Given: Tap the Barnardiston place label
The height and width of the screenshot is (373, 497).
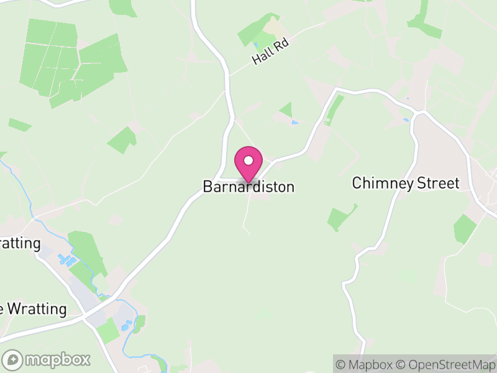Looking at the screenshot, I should (248, 186).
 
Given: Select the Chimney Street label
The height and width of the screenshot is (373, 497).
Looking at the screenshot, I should (405, 183).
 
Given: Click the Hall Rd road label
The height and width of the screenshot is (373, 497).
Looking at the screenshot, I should (271, 51).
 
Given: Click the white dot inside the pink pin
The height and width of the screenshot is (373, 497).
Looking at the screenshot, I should (248, 160).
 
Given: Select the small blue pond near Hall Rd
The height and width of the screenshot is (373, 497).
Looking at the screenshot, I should (256, 45).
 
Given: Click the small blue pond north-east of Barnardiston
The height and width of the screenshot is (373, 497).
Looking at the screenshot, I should (294, 122).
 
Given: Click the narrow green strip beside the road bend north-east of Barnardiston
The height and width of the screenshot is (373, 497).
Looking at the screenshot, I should (335, 108).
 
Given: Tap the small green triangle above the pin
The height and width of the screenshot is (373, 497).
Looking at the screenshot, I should (286, 111).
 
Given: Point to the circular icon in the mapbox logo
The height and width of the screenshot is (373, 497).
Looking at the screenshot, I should (12, 359).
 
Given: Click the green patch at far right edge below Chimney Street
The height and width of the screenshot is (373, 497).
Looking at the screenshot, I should (464, 229).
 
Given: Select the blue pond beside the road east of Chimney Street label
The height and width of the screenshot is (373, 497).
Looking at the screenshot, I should (406, 119).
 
